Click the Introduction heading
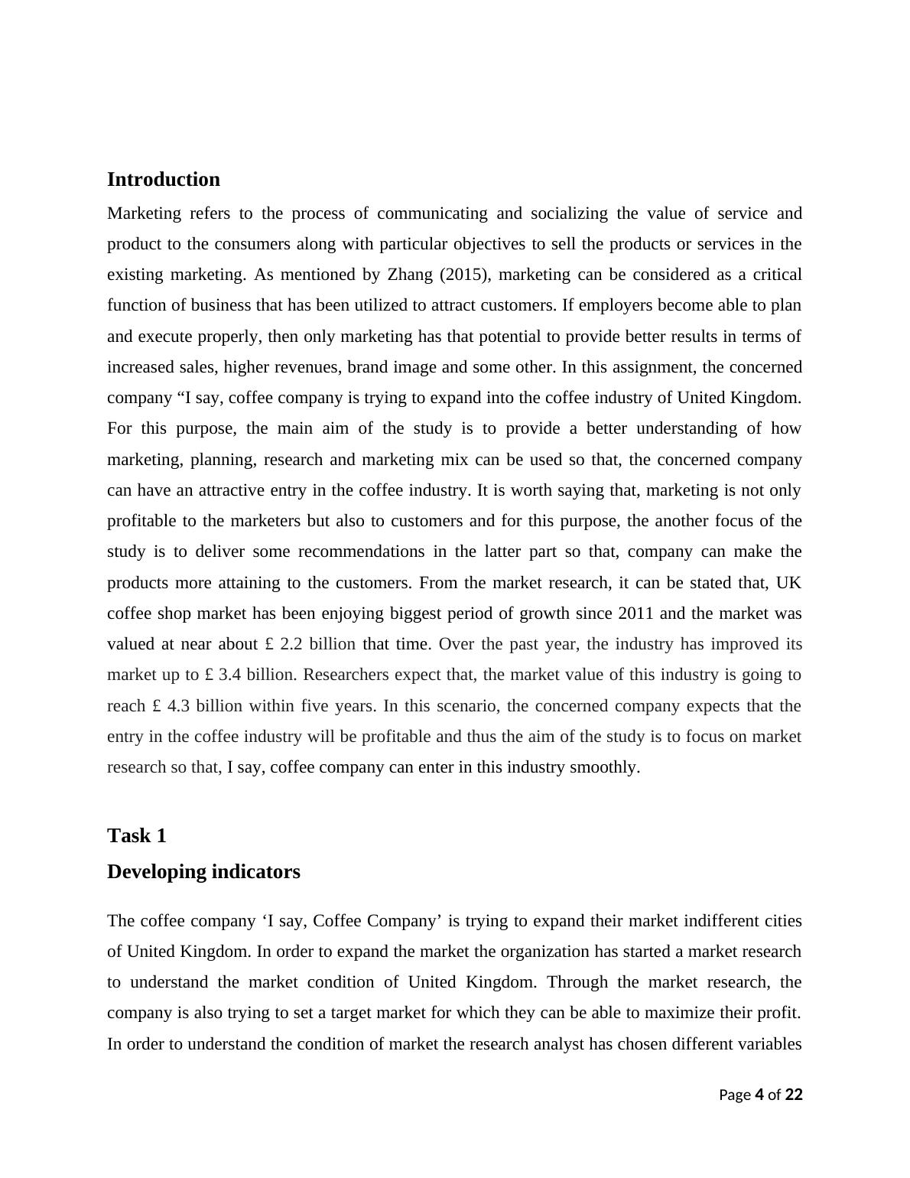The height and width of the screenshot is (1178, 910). click(163, 180)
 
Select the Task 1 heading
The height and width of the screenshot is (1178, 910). click(136, 835)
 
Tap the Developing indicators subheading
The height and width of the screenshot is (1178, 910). click(203, 872)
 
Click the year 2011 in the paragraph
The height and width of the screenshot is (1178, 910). click(636, 613)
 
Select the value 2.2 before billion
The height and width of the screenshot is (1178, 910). click(291, 644)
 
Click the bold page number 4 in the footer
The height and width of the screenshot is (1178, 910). click(759, 1095)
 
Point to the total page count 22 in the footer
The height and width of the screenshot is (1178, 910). click(794, 1095)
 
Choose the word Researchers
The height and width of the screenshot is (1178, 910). click(346, 675)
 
